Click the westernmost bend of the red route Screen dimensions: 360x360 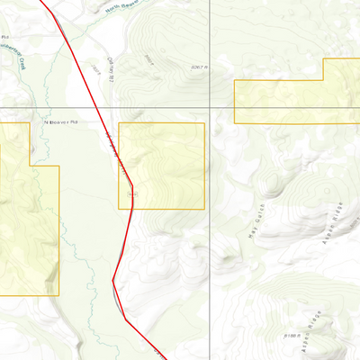coord(113,281)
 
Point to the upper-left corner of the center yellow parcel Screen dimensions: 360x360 coord(119,123)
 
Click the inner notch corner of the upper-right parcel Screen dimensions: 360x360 coord(323,81)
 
